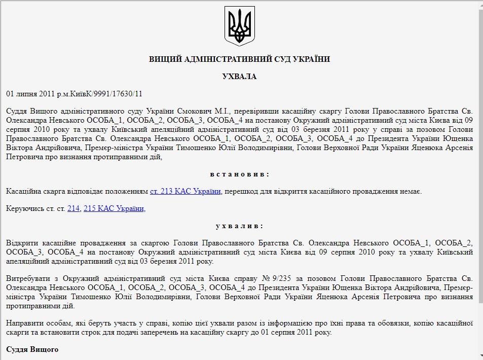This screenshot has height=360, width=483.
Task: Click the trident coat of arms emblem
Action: pos(240,26)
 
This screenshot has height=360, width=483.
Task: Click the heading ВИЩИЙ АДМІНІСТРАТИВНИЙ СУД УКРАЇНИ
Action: pos(239,59)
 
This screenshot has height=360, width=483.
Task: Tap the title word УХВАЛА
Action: pos(239,77)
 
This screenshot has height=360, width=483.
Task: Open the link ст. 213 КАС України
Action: pos(185,191)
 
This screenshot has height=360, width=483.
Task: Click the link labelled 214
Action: pos(73,208)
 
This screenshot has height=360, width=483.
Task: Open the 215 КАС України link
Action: pos(115,208)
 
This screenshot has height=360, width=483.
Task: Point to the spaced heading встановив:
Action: pos(239,174)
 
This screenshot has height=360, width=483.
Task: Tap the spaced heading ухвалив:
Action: pos(239,226)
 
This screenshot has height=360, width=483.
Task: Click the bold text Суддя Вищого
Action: pos(32,349)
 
